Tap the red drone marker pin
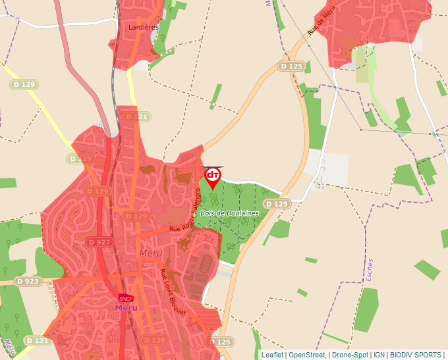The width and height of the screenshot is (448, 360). [213, 176]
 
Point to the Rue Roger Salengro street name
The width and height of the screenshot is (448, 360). [187, 209]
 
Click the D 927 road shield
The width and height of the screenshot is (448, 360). [99, 242]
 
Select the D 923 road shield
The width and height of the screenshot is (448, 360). [28, 282]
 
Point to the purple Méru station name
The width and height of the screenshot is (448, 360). [125, 307]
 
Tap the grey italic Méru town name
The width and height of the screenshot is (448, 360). [150, 253]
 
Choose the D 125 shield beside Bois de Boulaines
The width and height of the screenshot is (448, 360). [277, 204]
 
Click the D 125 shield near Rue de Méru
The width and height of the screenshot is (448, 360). [291, 66]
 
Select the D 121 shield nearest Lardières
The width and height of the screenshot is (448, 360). [136, 117]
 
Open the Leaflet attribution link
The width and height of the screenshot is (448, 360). [272, 355]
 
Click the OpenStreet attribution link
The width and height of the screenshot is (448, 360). [308, 355]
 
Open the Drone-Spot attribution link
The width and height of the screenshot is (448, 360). [350, 355]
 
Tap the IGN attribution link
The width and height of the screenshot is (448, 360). [379, 355]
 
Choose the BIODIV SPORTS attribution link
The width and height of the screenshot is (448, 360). [415, 355]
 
